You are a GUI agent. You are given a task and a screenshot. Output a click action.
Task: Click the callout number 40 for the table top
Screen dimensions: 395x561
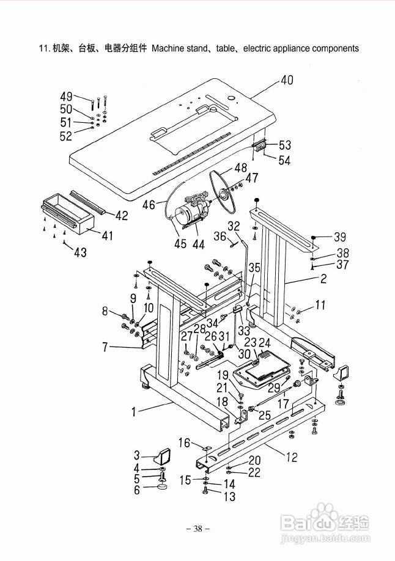click(287, 80)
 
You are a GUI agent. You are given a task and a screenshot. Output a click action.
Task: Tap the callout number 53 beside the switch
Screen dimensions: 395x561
click(285, 145)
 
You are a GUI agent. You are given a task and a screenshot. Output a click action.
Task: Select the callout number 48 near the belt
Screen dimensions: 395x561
click(240, 167)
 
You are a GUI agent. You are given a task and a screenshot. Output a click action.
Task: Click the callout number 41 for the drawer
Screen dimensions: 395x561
click(107, 235)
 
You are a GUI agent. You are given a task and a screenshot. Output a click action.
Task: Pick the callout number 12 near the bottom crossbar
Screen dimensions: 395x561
click(292, 457)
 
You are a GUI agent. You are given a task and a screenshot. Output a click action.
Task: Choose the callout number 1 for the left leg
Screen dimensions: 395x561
click(133, 412)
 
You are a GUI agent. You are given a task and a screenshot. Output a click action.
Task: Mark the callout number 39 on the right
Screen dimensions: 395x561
click(340, 237)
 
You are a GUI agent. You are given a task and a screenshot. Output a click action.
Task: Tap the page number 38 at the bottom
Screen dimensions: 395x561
click(197, 529)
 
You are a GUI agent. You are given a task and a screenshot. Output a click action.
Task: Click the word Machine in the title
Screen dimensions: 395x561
click(168, 48)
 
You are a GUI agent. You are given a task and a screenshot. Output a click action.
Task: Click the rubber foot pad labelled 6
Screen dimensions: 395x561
click(162, 487)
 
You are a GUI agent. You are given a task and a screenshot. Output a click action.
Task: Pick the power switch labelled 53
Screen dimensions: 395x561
click(260, 145)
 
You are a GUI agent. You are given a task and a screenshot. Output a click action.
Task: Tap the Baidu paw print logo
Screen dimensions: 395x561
click(325, 512)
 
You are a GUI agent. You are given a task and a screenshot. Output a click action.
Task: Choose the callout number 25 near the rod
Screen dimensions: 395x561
click(265, 415)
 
